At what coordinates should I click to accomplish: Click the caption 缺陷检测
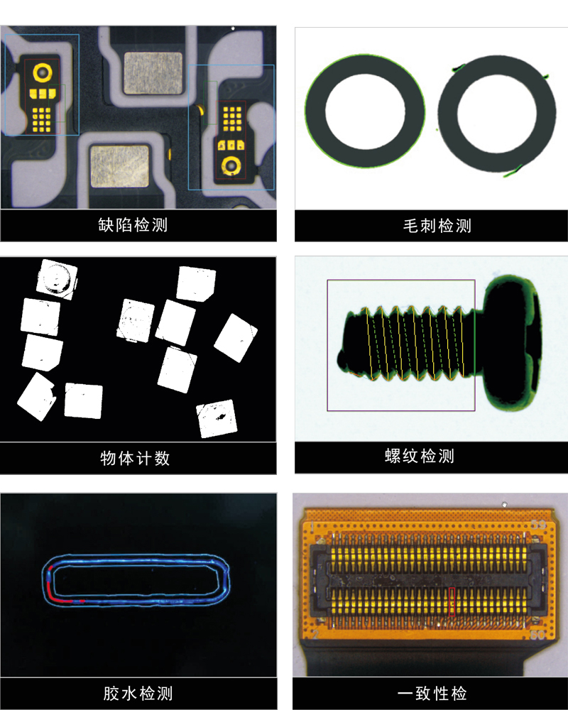pyautogui.click(x=133, y=224)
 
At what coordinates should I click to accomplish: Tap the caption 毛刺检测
pyautogui.click(x=437, y=226)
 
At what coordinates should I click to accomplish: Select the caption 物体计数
pyautogui.click(x=135, y=458)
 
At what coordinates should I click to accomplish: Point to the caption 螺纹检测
pyautogui.click(x=420, y=456)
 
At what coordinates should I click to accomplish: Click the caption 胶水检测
pyautogui.click(x=138, y=693)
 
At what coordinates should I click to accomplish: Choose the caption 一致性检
pyautogui.click(x=432, y=693)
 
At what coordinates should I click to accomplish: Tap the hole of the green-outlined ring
pyautogui.click(x=365, y=111)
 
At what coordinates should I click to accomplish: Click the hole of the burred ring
pyautogui.click(x=497, y=113)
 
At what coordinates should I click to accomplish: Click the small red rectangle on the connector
pyautogui.click(x=452, y=602)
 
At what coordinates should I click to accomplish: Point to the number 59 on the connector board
pyautogui.click(x=538, y=525)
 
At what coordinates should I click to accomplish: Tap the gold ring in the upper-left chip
pyautogui.click(x=42, y=72)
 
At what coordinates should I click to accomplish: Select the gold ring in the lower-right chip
pyautogui.click(x=231, y=165)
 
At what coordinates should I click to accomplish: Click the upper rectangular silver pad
pyautogui.click(x=153, y=73)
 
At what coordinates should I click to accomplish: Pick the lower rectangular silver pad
pyautogui.click(x=119, y=166)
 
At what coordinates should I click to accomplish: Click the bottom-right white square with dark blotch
pyautogui.click(x=217, y=418)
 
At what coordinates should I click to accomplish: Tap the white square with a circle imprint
pyautogui.click(x=57, y=278)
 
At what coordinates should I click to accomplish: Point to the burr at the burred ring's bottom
pyautogui.click(x=513, y=171)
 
